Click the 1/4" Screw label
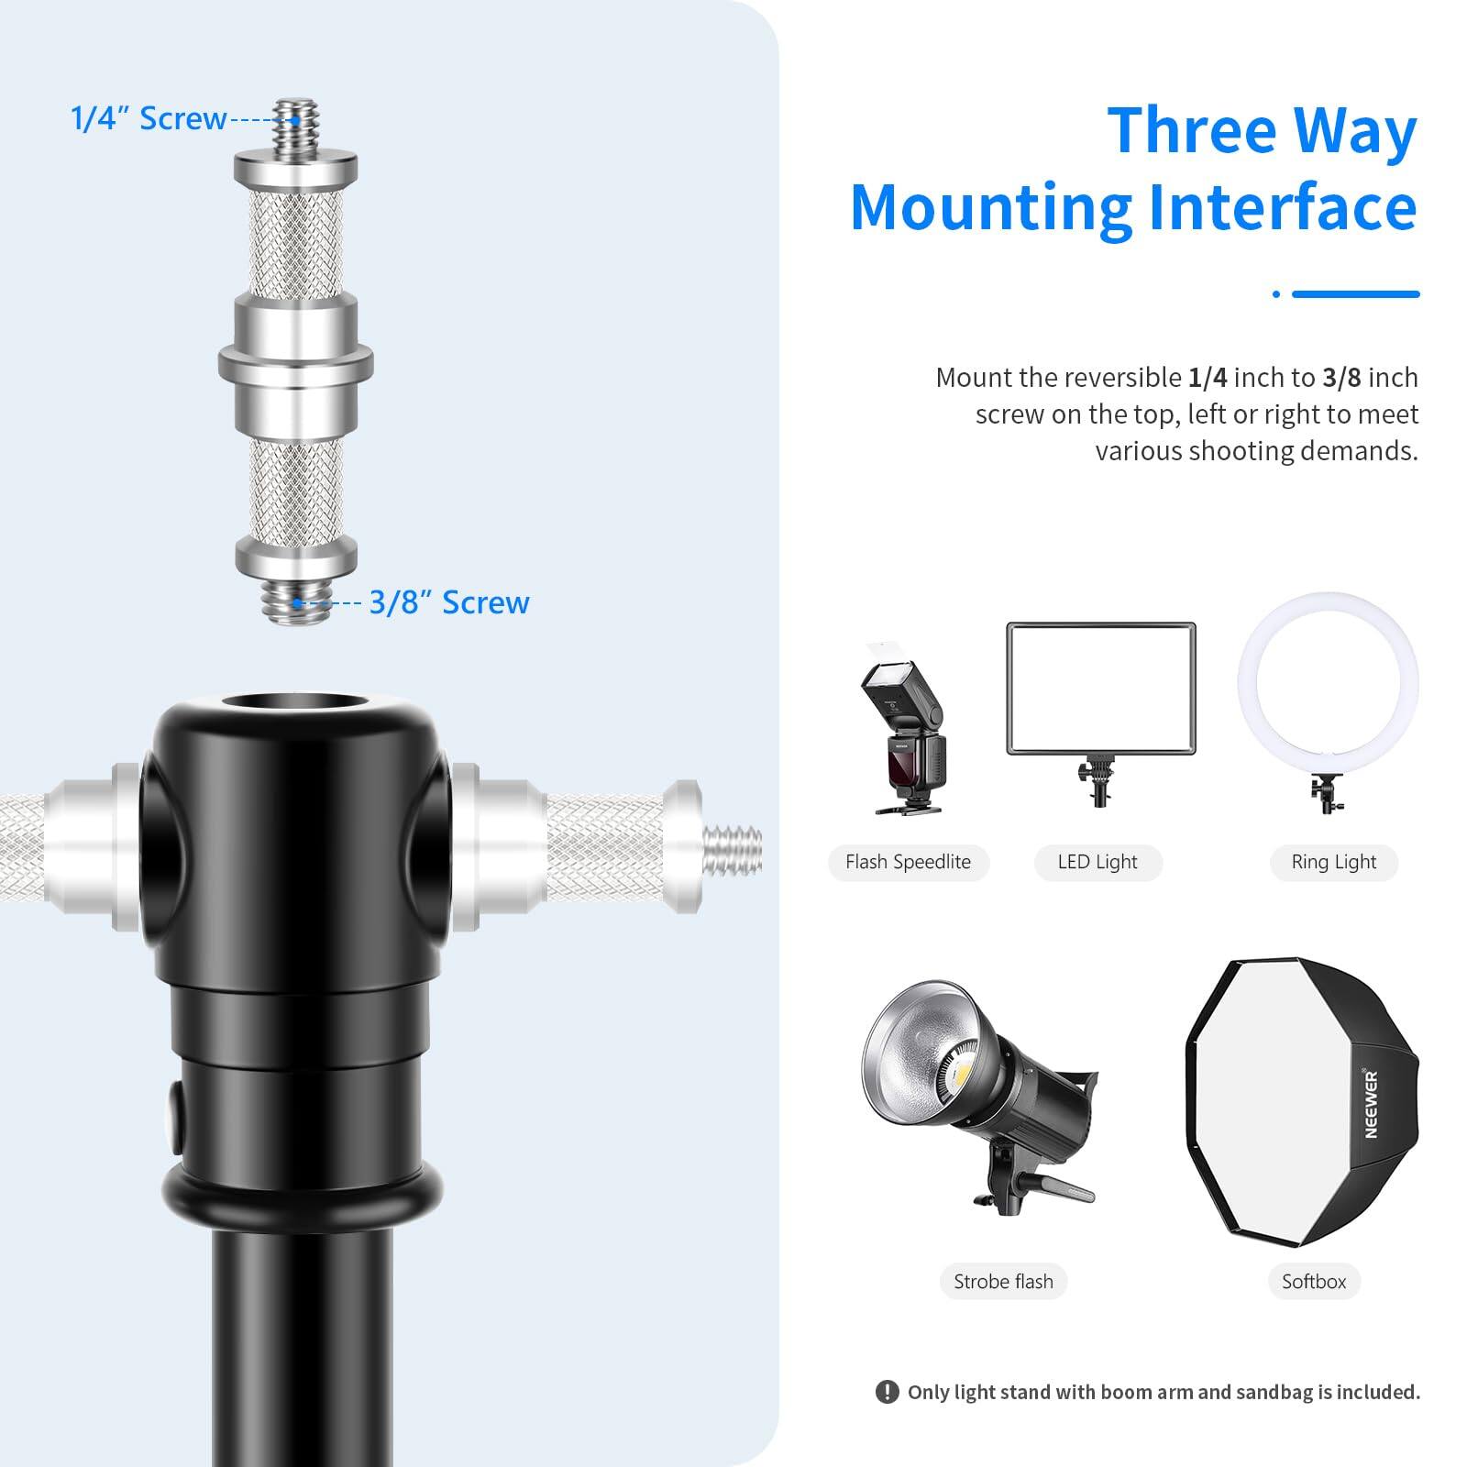[149, 119]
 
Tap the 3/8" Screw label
[449, 602]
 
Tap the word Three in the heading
[1183, 131]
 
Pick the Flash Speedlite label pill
[908, 862]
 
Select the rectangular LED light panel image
[1101, 689]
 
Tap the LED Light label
[1097, 862]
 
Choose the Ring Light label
[1333, 862]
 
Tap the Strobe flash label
[1003, 1281]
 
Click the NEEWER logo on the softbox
[1371, 1104]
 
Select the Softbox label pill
[1314, 1281]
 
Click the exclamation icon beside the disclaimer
[887, 1392]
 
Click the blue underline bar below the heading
[1355, 294]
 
